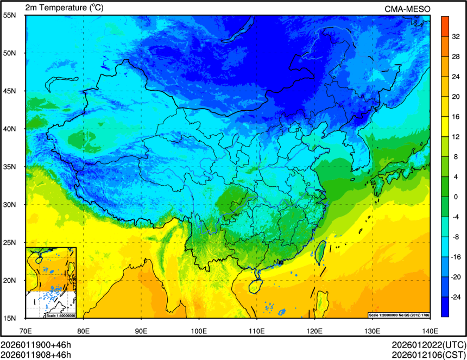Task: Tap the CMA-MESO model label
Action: (407, 8)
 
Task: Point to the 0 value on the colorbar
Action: (455, 197)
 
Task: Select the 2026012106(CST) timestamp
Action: (429, 355)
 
